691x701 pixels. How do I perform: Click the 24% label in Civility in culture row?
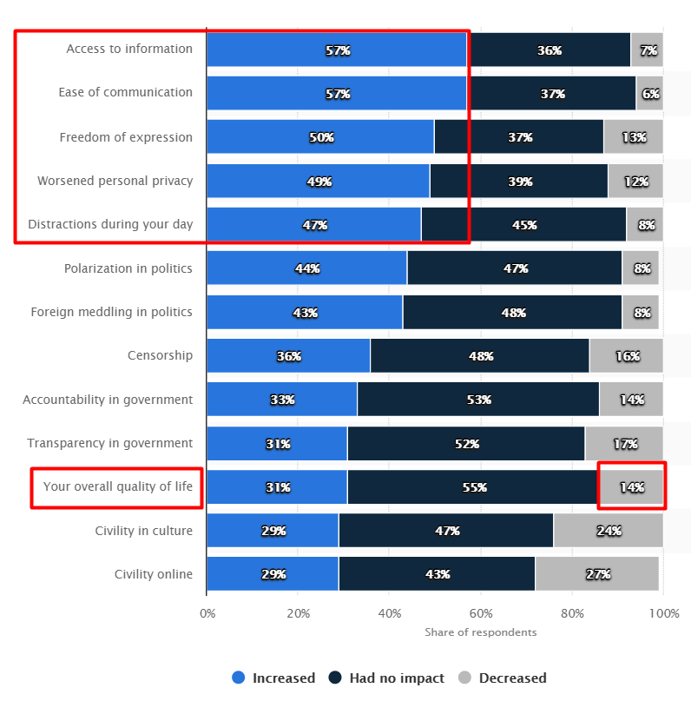tap(608, 531)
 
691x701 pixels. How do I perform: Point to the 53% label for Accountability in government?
tap(478, 400)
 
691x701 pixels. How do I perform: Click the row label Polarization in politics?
tap(128, 268)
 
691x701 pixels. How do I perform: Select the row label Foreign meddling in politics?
tap(112, 312)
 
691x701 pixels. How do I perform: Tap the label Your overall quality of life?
tap(118, 486)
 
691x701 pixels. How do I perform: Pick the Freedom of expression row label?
tap(126, 137)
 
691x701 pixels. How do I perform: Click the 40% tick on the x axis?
tap(389, 614)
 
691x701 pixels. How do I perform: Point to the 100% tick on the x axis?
tap(663, 614)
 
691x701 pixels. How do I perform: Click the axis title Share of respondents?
tap(480, 632)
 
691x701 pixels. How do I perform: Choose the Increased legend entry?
tap(273, 678)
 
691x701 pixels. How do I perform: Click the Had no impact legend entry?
tap(387, 678)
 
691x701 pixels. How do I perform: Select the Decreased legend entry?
tap(503, 678)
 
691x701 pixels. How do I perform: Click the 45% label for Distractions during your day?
tap(524, 225)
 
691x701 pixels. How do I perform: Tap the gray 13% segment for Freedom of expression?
tap(634, 137)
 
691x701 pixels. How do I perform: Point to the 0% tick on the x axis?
tap(207, 614)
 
